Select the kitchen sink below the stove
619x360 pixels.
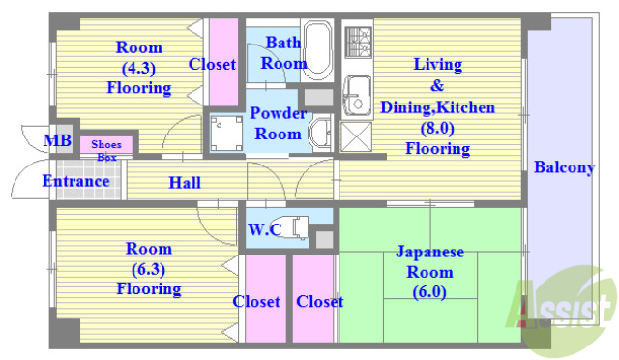point(358,93)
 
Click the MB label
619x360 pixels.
point(57,141)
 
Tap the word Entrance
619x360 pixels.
point(75,181)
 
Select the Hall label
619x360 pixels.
point(185,182)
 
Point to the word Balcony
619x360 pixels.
point(564,167)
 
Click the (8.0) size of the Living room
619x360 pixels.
point(437,128)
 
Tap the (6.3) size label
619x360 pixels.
point(148,268)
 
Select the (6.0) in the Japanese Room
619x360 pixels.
point(429,291)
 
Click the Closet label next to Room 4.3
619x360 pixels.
point(212,65)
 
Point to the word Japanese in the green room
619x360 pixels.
point(429,252)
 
